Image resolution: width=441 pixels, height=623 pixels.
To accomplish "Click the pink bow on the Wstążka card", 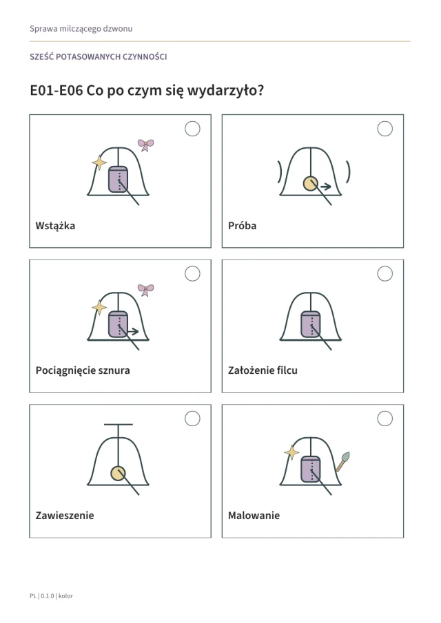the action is point(145,145).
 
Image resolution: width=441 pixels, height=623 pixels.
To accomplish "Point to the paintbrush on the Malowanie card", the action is point(342,462).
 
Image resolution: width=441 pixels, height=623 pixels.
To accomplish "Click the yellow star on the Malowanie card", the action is point(291,452).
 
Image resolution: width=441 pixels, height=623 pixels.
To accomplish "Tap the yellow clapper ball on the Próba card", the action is point(311,184).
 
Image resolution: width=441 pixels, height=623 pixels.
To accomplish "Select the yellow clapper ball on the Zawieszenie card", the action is point(118,474).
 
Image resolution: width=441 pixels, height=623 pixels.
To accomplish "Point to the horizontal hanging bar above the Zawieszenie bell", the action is point(119,424).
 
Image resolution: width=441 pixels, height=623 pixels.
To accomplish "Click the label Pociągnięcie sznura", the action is point(83,370).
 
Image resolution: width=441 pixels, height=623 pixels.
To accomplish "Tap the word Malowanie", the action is point(254,516).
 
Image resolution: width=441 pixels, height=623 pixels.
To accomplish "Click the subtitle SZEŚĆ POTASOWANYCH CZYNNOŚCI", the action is point(99,57).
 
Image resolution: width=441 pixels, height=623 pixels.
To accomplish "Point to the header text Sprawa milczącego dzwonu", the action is point(81,29).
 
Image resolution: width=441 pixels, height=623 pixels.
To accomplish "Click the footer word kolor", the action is point(65,596).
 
